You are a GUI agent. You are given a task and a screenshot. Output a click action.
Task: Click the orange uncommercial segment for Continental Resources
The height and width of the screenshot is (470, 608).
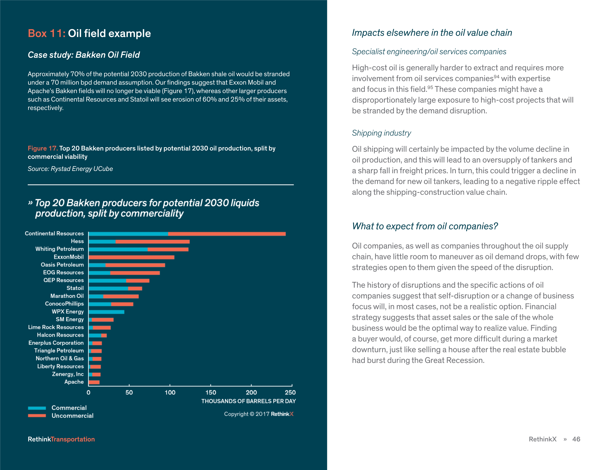click(227, 234)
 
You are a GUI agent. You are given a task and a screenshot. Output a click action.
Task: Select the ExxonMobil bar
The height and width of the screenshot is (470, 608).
click(131, 257)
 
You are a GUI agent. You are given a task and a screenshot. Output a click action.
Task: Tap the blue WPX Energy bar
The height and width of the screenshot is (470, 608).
click(106, 312)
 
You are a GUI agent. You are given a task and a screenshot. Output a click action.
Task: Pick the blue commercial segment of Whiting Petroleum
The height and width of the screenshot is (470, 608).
click(118, 250)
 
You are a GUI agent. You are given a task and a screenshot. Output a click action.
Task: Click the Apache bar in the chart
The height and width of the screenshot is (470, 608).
click(94, 382)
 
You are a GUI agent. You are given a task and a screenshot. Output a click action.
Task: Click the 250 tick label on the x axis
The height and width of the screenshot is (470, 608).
click(290, 392)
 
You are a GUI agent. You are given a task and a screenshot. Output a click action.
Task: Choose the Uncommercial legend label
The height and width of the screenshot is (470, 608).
click(72, 416)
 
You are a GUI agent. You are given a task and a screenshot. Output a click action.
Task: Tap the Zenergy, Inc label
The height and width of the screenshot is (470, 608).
click(68, 374)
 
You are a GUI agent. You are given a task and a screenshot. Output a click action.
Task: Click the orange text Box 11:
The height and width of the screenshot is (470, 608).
click(46, 33)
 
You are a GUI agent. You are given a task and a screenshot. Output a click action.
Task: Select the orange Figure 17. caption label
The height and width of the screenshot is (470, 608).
click(43, 148)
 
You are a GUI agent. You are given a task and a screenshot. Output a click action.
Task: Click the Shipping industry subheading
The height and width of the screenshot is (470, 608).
click(381, 133)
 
